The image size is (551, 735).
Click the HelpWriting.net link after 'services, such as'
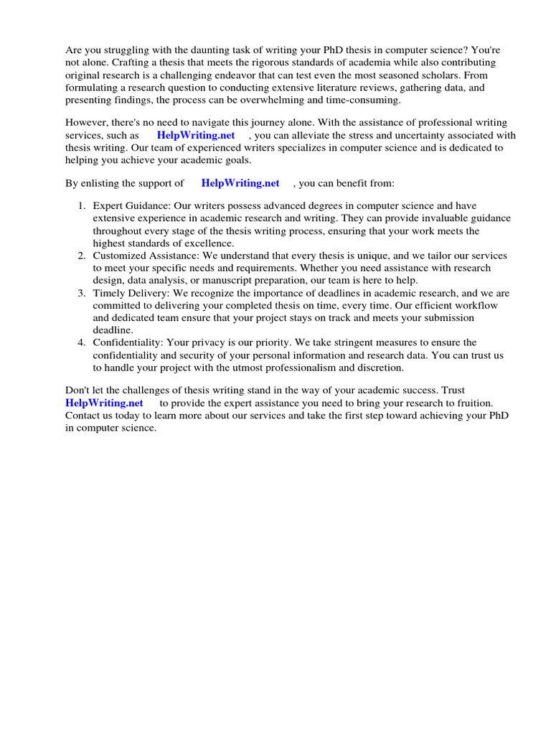pyautogui.click(x=196, y=136)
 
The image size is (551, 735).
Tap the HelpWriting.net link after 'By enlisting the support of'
pyautogui.click(x=240, y=183)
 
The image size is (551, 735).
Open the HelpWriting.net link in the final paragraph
pyautogui.click(x=104, y=403)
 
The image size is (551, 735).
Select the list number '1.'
pyautogui.click(x=83, y=207)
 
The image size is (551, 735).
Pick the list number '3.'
pyautogui.click(x=83, y=293)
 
